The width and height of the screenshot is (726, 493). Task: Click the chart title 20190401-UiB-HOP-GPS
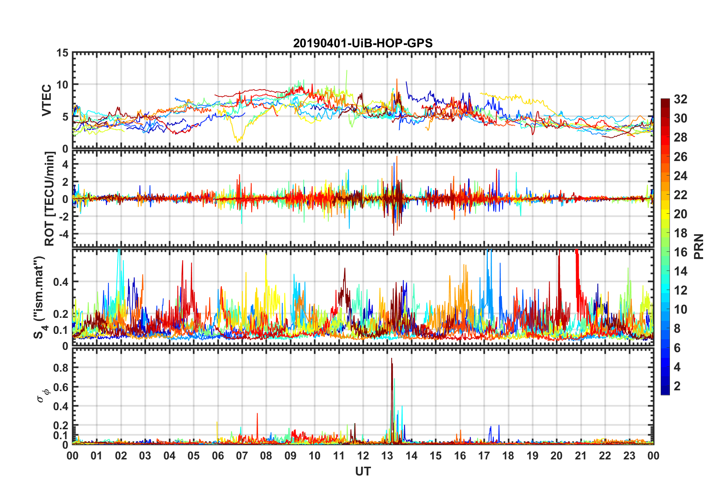(x=363, y=43)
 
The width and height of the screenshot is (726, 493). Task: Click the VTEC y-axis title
(x=47, y=100)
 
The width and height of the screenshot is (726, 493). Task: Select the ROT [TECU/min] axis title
(x=50, y=199)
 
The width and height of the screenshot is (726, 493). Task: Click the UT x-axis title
(x=363, y=472)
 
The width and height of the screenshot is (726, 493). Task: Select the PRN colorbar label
(x=699, y=246)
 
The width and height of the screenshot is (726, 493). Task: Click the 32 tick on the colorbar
(x=680, y=99)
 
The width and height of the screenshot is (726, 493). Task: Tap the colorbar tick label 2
(x=677, y=386)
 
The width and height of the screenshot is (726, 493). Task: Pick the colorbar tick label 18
(x=680, y=233)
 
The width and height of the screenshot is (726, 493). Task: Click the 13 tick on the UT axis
(x=387, y=456)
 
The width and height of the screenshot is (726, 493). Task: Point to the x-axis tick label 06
(x=218, y=456)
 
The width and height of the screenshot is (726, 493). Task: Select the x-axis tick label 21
(x=581, y=456)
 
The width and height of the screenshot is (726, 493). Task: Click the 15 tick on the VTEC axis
(x=62, y=53)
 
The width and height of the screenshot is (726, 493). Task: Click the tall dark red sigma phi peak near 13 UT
(x=392, y=361)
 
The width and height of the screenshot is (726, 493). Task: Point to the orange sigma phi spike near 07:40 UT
(x=257, y=414)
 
